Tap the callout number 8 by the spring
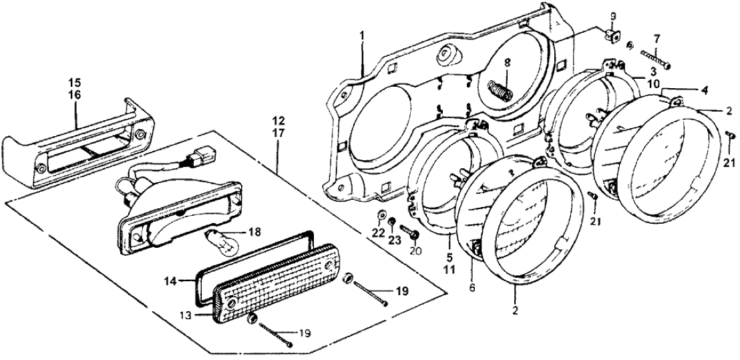(x=507, y=64)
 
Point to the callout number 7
(x=657, y=39)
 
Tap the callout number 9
(x=614, y=16)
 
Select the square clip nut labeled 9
(x=611, y=34)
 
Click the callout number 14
(x=170, y=283)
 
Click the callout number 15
(x=74, y=82)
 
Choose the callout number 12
(x=278, y=122)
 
